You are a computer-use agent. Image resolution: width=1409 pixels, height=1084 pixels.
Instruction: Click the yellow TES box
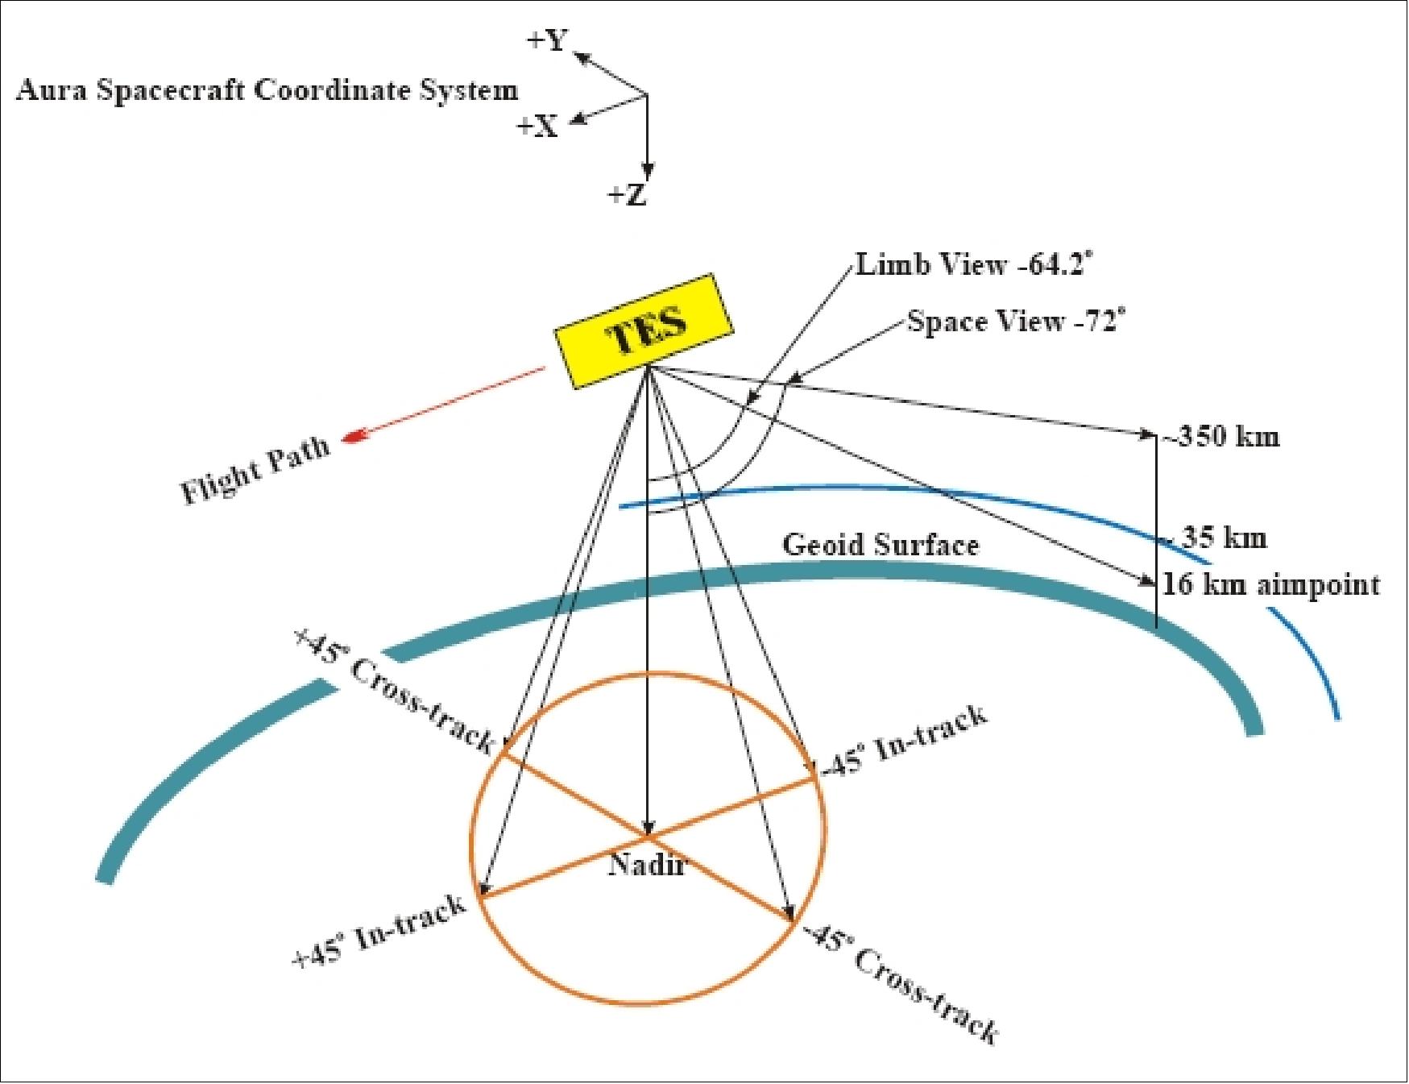click(x=643, y=330)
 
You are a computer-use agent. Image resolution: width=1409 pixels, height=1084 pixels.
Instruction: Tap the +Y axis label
click(x=549, y=41)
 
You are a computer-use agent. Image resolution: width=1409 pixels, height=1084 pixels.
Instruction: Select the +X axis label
click(x=537, y=126)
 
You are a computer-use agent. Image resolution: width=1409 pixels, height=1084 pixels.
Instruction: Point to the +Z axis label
click(x=628, y=194)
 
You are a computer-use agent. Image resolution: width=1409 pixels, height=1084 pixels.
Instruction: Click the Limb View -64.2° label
click(x=975, y=264)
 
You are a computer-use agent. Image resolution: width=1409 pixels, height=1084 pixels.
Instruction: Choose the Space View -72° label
click(x=1015, y=322)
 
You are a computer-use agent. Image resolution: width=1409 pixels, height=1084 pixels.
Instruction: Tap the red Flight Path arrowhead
click(x=352, y=438)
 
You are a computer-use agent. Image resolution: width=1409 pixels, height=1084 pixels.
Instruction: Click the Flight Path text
click(x=255, y=471)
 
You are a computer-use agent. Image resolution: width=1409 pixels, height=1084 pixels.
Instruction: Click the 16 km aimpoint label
click(x=1270, y=584)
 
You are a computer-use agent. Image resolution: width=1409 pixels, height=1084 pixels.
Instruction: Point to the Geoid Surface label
click(x=881, y=546)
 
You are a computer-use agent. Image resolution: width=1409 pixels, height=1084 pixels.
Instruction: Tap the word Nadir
click(x=647, y=865)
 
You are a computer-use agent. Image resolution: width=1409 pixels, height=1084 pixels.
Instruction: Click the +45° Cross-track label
click(x=395, y=691)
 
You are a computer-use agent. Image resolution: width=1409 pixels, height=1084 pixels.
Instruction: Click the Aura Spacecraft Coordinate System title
click(x=267, y=89)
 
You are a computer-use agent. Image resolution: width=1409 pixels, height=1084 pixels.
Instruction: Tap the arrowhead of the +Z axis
click(x=647, y=172)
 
